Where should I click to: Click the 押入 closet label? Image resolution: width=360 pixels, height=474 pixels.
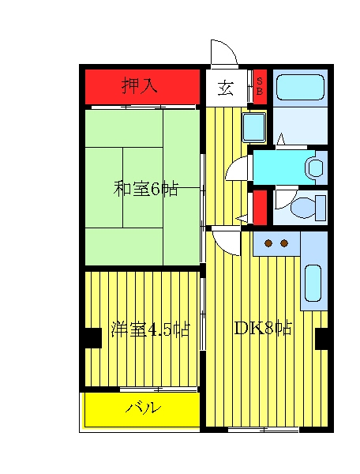click(x=140, y=86)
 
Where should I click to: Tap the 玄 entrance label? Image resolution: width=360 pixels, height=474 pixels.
click(x=226, y=88)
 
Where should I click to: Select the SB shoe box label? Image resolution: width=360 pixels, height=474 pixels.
click(x=260, y=86)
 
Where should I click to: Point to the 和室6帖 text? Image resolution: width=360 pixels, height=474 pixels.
click(x=145, y=189)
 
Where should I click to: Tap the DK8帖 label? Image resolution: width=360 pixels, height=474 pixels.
click(x=263, y=328)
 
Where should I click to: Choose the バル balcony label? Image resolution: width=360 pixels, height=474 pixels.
click(x=143, y=408)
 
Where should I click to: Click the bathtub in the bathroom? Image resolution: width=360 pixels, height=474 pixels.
click(x=300, y=87)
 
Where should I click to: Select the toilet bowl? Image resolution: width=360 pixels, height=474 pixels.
click(x=303, y=207)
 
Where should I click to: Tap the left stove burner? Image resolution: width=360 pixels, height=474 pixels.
click(x=268, y=243)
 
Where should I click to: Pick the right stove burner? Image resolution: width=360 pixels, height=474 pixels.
click(x=284, y=243)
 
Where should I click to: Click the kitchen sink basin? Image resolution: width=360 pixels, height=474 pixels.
click(x=313, y=284)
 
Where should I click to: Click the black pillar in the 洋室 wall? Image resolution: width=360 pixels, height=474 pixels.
click(x=93, y=338)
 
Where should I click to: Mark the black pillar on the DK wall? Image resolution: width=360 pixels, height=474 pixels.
click(x=322, y=339)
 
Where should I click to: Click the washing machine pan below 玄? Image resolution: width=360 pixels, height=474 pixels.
click(x=254, y=127)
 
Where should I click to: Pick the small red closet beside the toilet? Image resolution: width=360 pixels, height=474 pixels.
click(x=260, y=207)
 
